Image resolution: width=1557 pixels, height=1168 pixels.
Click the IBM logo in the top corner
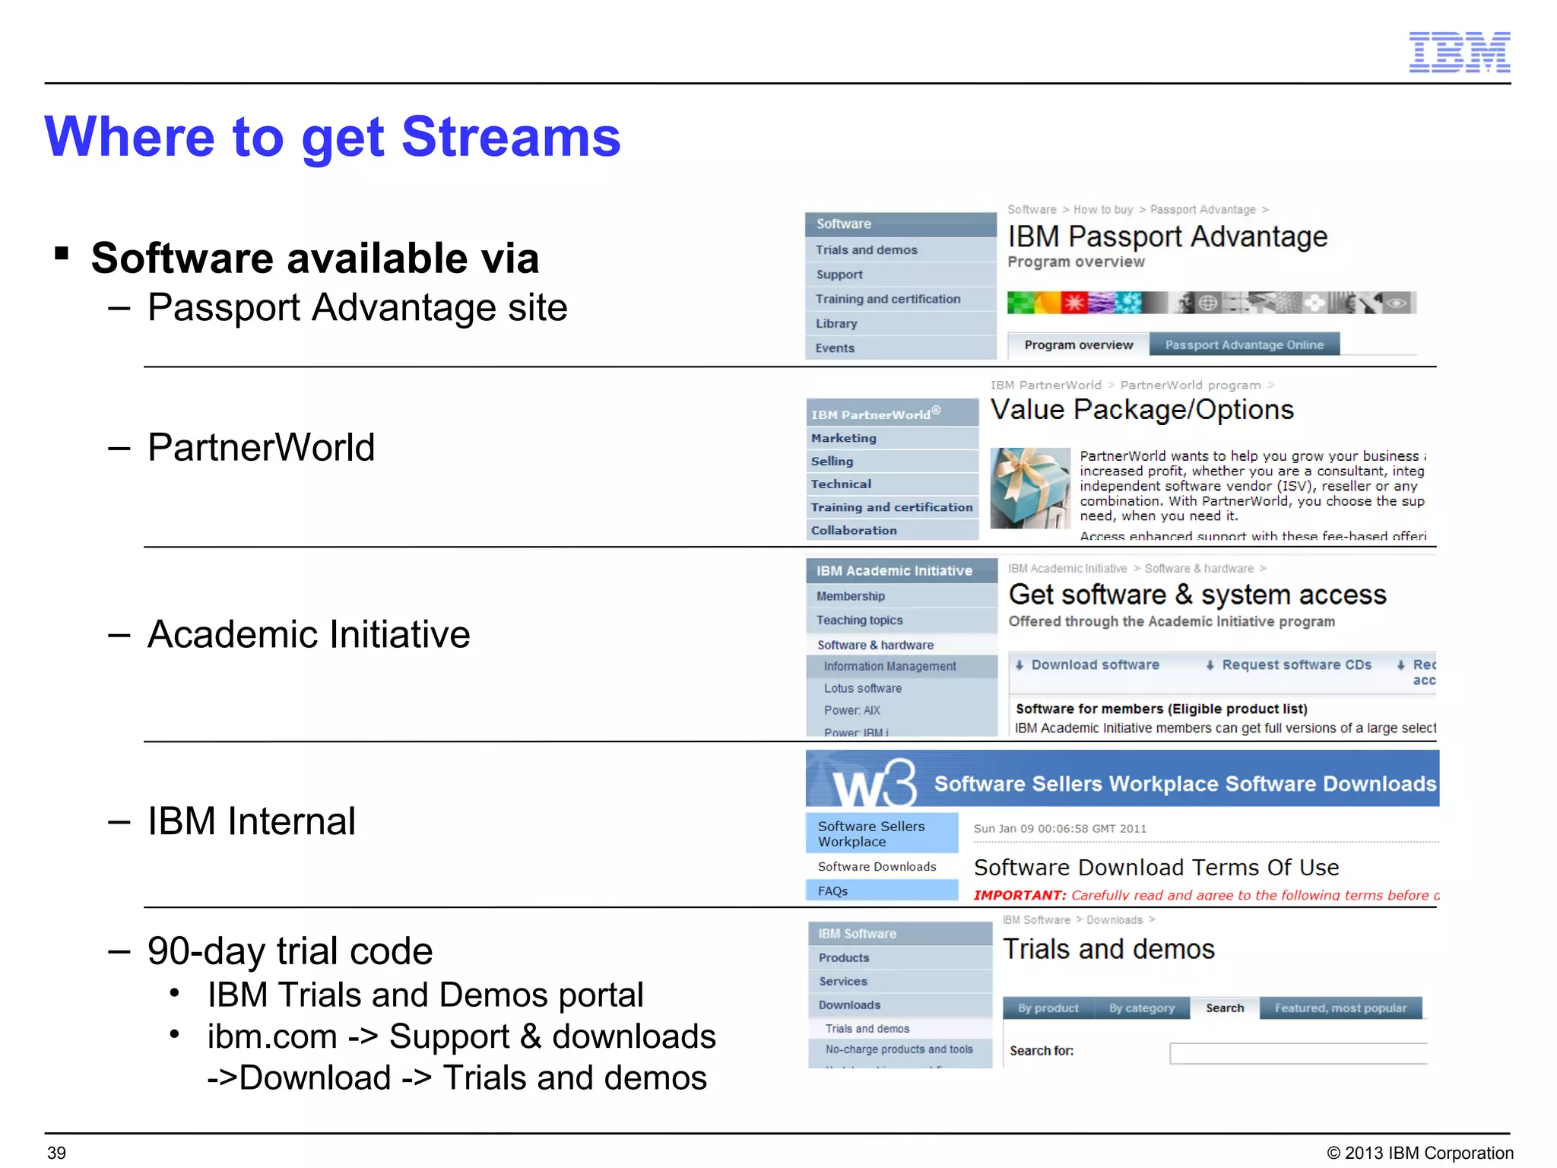1459,52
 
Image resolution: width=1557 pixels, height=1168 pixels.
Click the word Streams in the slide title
510,138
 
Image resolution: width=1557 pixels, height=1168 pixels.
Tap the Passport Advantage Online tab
1244,344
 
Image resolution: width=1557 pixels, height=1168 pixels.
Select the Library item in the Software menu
836,323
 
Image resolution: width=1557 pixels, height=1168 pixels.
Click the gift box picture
1029,487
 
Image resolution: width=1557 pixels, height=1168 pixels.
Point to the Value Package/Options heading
1141,410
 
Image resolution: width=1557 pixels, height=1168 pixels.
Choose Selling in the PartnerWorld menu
832,461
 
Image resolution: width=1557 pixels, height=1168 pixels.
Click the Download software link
1094,665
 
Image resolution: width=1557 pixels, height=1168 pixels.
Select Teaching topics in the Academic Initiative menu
859,620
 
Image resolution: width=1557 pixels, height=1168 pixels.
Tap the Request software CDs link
1295,665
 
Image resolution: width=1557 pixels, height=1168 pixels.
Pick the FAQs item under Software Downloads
832,891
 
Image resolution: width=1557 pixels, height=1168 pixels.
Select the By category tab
1141,1008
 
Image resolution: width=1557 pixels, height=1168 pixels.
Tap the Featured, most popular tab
1340,1008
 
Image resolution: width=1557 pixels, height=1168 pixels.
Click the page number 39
57,1153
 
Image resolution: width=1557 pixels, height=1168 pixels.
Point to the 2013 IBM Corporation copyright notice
1419,1153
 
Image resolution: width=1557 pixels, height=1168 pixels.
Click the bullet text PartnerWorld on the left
261,448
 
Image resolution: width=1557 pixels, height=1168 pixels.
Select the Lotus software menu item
862,688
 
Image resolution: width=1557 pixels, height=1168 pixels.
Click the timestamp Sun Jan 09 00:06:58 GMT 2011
1059,829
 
